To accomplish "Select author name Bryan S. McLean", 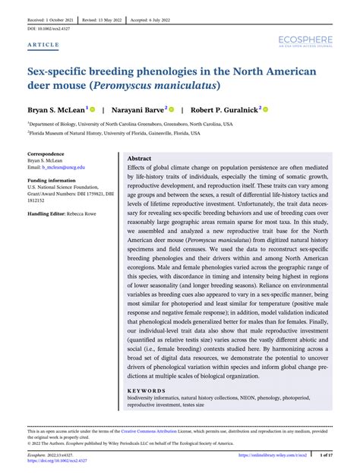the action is click(56, 110).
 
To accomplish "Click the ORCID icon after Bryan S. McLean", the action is click(93, 109).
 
